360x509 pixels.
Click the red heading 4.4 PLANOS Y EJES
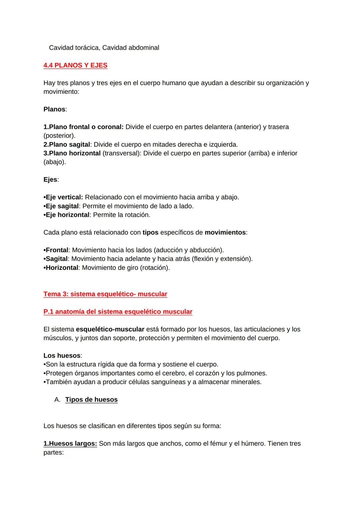point(75,65)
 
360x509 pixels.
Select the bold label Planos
point(54,109)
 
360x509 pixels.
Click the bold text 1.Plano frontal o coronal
point(83,127)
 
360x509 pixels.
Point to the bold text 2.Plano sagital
point(67,145)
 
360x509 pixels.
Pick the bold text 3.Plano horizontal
point(72,153)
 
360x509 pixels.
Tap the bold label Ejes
point(50,180)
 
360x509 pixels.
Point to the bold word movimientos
point(225,232)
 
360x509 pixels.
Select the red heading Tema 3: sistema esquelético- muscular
point(105,294)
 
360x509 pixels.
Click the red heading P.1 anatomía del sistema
point(118,312)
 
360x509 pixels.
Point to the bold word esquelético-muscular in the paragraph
point(110,330)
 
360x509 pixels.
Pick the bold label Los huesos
point(62,356)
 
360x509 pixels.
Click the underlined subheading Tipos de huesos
point(91,400)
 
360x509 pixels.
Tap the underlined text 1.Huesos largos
point(70,444)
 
